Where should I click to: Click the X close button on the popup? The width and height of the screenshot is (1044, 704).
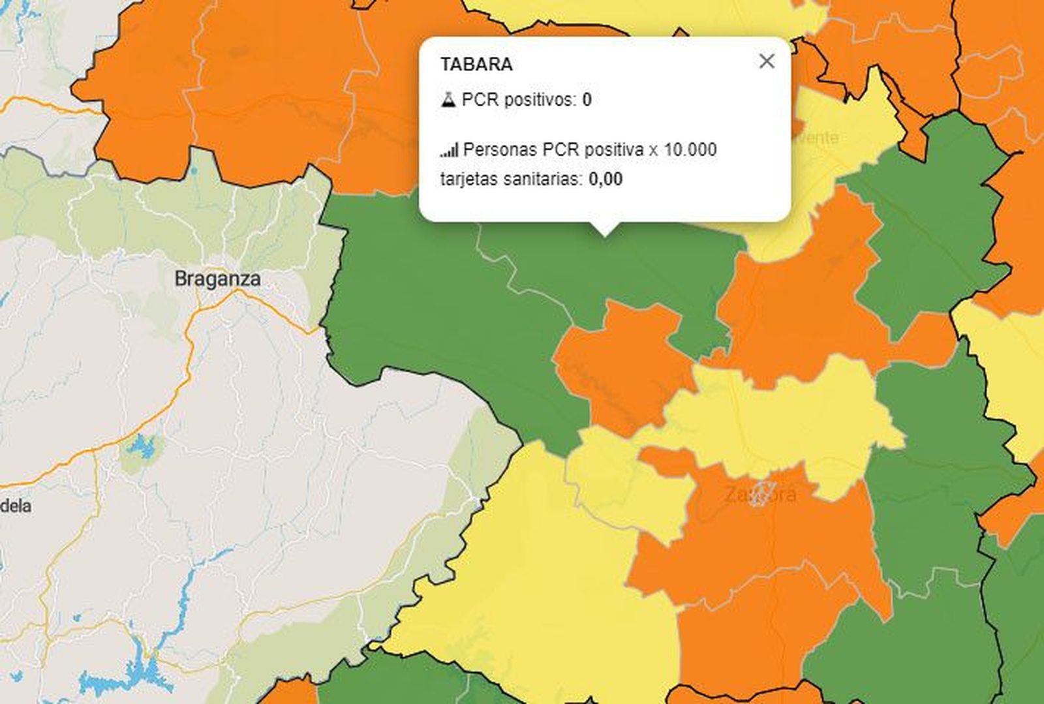(767, 61)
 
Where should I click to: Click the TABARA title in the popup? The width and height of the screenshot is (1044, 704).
(476, 65)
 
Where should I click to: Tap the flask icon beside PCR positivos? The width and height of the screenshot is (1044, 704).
(448, 100)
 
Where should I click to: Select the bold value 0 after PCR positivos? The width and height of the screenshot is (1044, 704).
(587, 100)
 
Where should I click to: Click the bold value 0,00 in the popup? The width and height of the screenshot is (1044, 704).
(605, 179)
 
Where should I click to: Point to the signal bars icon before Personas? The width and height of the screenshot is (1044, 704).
(449, 150)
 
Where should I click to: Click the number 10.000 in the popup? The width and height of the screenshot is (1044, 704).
(690, 149)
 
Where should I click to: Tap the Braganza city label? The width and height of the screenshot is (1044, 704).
(217, 279)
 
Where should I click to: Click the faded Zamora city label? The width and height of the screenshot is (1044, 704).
(760, 494)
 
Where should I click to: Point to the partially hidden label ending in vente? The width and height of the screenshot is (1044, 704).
(816, 138)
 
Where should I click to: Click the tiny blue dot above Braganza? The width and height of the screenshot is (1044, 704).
(194, 172)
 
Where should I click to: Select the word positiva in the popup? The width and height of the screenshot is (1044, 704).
(613, 149)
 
